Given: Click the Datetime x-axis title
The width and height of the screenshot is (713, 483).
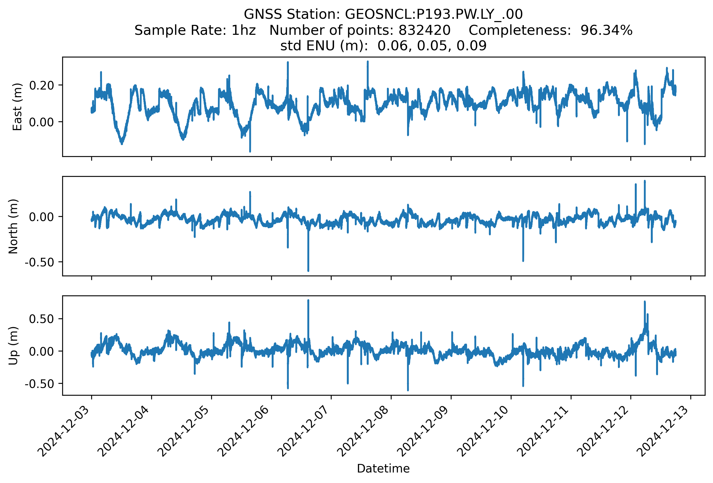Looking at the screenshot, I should coord(383,469).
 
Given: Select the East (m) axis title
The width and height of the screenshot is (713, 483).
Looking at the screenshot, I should coord(17,107).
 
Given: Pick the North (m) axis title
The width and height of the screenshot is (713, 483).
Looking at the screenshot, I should coord(13,226).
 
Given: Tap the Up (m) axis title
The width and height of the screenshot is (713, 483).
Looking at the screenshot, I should coord(13,346).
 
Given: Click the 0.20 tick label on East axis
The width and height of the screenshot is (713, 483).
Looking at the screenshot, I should coord(41,85).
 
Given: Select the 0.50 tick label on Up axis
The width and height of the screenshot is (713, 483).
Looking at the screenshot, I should coord(41,319).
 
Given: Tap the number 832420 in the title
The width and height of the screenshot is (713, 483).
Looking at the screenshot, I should coord(424,30).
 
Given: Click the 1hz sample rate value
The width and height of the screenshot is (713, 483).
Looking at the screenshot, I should coord(243,30).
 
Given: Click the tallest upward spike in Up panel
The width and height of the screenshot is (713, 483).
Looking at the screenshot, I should coord(308,301).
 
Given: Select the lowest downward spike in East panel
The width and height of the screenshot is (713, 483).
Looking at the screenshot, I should coord(250,151).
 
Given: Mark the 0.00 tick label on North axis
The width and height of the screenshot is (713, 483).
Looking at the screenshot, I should coord(41,217).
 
